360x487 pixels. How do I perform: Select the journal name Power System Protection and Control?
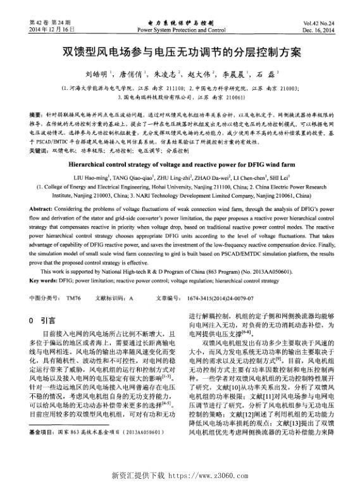tap(181, 30)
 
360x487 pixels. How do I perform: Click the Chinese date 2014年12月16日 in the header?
tap(53, 30)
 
